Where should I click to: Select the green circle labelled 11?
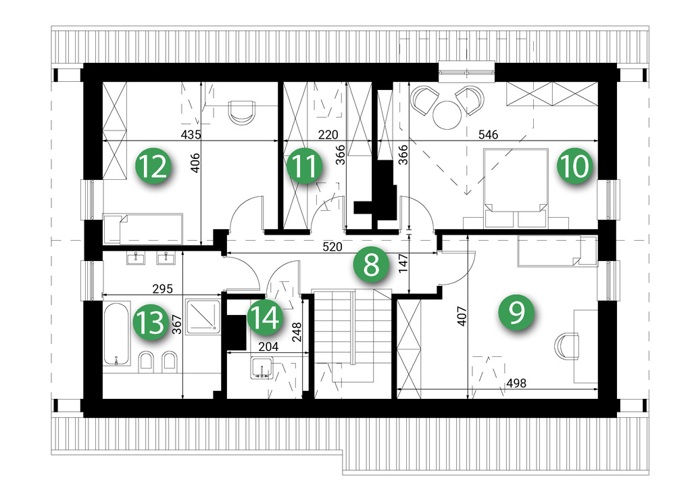pos(304,166)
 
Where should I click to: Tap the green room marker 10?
pos(574,166)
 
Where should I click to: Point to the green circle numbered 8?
pos(371,265)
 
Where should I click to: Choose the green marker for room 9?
pos(516,312)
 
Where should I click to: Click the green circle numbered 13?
pos(151,323)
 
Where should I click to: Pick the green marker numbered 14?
pos(265,318)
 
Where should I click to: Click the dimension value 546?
pos(488,134)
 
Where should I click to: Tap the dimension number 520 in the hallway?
pos(332,247)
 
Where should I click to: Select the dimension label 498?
pos(516,383)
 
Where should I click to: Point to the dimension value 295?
pos(162,289)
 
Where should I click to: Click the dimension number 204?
pos(268,347)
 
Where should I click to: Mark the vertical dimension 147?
pos(403,264)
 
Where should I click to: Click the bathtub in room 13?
pos(116,333)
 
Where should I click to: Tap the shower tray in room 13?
pos(203,316)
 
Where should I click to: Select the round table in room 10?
pos(447,115)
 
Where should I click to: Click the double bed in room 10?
pos(516,188)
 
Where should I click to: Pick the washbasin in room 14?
pos(262,368)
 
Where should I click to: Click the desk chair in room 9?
pos(566,346)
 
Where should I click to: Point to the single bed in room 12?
pos(143,229)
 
